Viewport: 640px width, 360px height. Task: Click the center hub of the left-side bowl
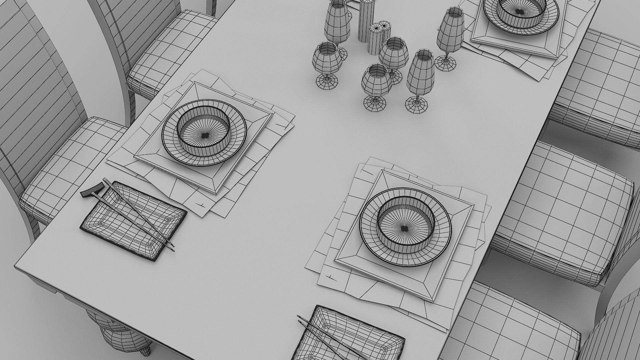(205, 135)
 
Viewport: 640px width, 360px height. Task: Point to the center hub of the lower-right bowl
(404, 228)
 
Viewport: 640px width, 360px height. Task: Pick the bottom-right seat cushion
(520, 327)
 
